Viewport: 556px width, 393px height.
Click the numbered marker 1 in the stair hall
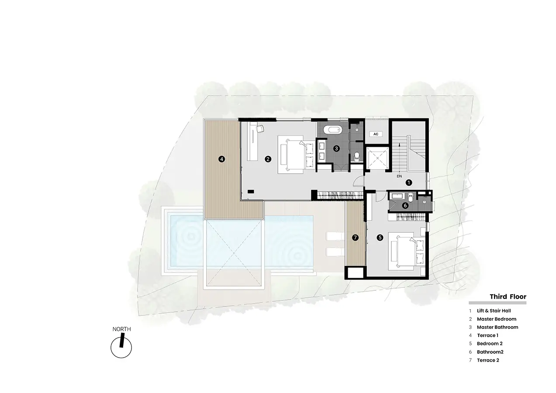tap(408, 183)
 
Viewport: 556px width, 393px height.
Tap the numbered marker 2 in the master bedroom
tap(268, 159)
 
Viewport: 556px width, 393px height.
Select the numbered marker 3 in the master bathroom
tap(336, 148)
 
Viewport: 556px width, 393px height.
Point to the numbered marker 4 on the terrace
tap(221, 159)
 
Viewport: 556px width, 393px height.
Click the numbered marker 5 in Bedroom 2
tap(380, 238)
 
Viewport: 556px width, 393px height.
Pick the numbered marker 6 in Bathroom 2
tap(405, 205)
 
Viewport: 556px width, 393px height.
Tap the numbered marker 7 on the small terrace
tap(355, 238)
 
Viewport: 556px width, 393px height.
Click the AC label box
tap(376, 134)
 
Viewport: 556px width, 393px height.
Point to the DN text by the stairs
tap(399, 176)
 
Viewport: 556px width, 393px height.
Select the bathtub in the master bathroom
tap(333, 130)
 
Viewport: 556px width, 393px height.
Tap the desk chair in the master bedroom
tap(260, 128)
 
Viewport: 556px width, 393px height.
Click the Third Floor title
tap(508, 296)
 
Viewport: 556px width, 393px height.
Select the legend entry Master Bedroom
tap(497, 319)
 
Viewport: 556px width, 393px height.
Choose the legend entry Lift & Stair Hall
tap(494, 310)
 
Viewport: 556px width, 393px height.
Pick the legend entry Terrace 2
tap(488, 360)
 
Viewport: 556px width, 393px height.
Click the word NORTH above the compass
tap(121, 329)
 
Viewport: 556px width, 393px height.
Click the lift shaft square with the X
tap(377, 158)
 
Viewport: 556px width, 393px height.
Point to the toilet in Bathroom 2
tap(411, 198)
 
